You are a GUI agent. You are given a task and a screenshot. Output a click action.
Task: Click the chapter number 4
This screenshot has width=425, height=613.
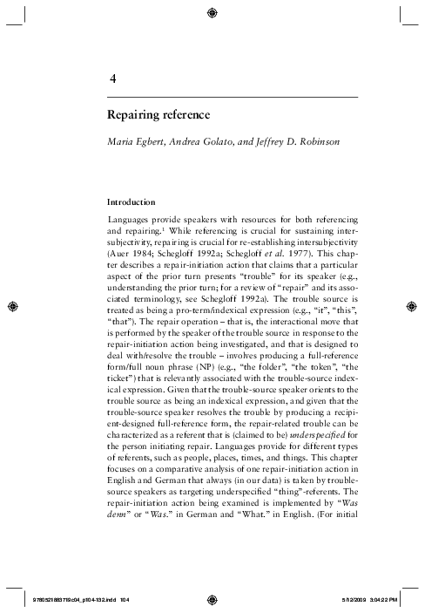point(113,79)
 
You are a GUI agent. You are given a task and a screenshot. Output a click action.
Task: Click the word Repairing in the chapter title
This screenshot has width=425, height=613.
point(132,114)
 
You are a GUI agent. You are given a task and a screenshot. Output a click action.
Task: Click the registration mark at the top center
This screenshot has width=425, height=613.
point(212,12)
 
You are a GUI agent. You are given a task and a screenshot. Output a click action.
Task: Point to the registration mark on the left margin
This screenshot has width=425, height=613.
point(13,307)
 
